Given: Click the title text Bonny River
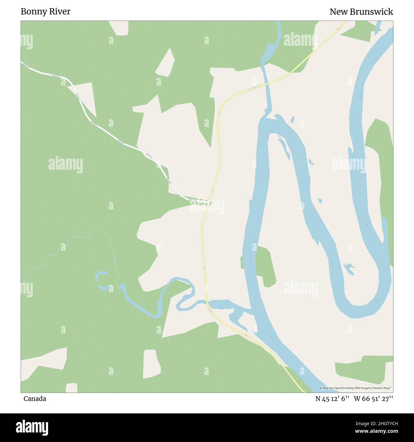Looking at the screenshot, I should (46, 12).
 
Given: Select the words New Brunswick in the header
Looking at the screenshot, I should (361, 12).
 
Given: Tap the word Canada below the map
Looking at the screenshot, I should (35, 399).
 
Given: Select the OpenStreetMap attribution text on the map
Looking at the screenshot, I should (356, 388).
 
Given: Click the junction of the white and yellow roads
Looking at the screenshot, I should (208, 202).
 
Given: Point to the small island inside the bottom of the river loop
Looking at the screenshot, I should (349, 268).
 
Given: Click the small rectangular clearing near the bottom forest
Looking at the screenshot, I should (152, 364).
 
